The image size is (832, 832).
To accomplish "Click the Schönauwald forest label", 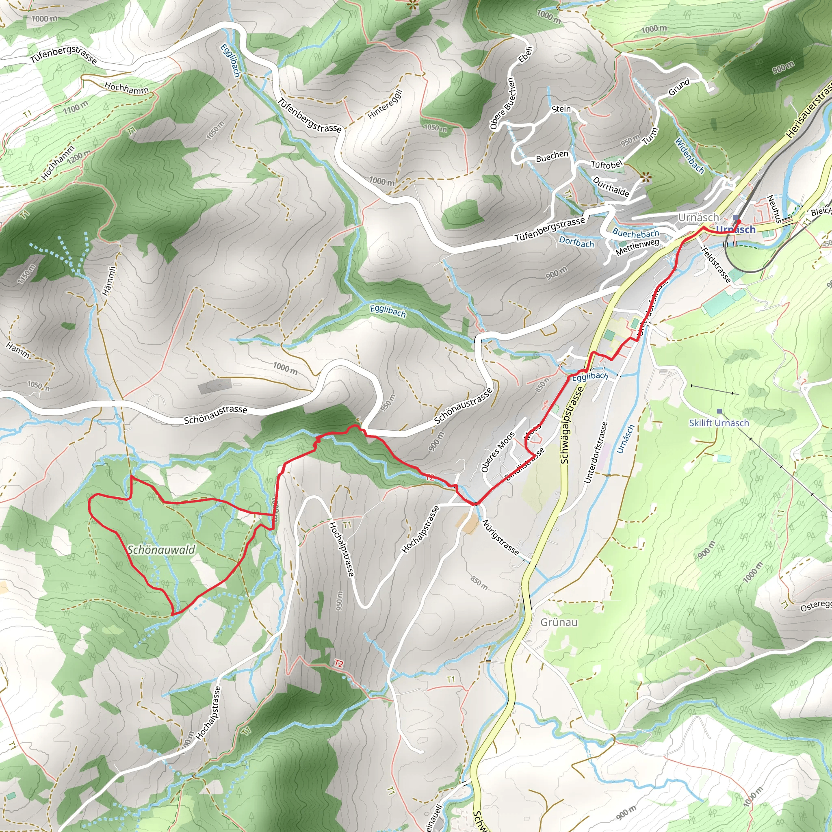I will tap(162, 550).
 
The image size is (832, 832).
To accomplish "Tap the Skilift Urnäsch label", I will tap(719, 423).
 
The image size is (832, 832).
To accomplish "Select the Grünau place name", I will tap(559, 622).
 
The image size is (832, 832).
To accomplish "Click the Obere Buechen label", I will tap(502, 103).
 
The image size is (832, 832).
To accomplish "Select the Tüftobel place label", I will tap(607, 165).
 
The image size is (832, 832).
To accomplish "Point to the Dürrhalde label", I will tap(611, 186).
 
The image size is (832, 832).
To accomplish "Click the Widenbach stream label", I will tap(689, 156).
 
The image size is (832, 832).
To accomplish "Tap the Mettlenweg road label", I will tap(637, 247).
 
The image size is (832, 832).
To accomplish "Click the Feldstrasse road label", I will tap(716, 264).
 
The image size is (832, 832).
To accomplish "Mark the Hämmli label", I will tap(109, 280).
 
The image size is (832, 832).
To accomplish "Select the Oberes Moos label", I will tap(497, 452).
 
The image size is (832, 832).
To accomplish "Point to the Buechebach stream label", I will tap(636, 234).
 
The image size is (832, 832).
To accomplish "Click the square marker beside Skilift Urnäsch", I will tap(719, 411).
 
